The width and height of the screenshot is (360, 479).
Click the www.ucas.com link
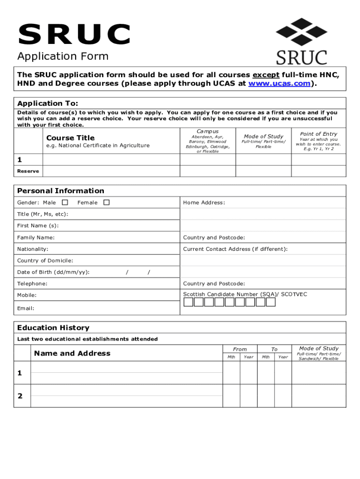click(x=279, y=84)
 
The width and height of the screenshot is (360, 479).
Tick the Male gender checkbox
click(x=65, y=203)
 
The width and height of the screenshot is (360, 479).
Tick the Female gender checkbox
click(x=107, y=203)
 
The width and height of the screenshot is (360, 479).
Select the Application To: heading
click(x=48, y=103)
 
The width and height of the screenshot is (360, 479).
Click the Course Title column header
click(x=70, y=138)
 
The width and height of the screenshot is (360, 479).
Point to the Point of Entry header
click(x=318, y=134)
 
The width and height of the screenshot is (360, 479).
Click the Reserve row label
click(x=28, y=171)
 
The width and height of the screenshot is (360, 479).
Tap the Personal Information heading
click(x=61, y=191)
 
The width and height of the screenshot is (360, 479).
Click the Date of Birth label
click(x=53, y=272)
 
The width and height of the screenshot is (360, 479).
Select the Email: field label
click(x=26, y=308)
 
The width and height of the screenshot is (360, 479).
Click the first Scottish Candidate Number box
click(x=188, y=302)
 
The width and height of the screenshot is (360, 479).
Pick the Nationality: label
click(x=33, y=249)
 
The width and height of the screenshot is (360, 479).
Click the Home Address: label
click(x=204, y=203)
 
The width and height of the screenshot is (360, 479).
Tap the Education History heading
click(x=53, y=328)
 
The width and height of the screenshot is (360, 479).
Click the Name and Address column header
click(x=72, y=354)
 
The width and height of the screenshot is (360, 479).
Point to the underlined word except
click(x=266, y=75)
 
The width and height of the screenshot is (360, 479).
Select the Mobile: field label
click(x=27, y=295)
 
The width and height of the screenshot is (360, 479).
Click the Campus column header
click(x=207, y=131)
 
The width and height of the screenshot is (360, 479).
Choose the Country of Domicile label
click(x=45, y=261)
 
